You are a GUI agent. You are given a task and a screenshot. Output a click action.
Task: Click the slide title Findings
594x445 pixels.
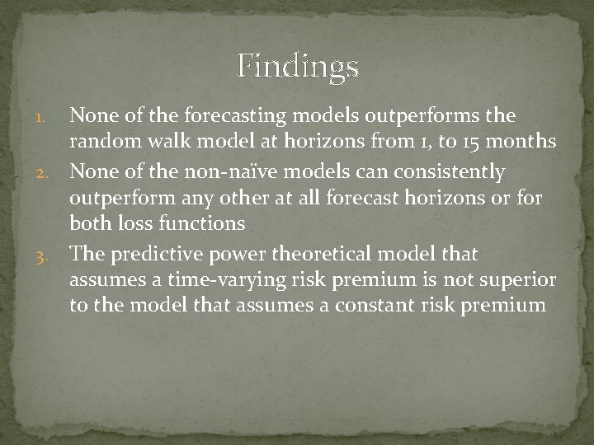point(297,66)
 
